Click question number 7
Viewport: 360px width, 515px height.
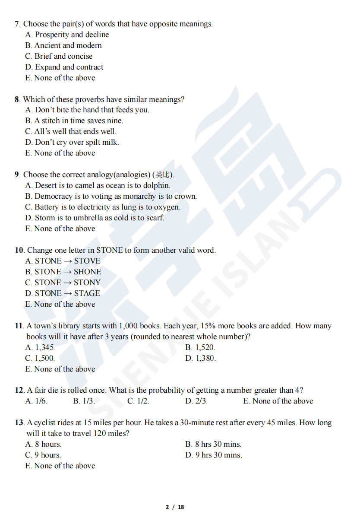(17, 24)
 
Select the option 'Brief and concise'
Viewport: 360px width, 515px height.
(63, 56)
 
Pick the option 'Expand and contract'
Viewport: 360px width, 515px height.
(69, 67)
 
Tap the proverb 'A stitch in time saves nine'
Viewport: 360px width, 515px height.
(78, 121)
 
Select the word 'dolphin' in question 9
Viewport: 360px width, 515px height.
(157, 186)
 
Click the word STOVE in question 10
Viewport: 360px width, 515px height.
(87, 261)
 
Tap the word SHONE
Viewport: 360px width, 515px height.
(88, 272)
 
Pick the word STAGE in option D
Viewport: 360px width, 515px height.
(87, 293)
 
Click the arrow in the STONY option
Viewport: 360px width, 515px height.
(68, 283)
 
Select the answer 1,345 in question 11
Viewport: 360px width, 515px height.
(45, 347)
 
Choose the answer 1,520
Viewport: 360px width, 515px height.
(205, 347)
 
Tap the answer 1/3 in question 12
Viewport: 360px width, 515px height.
(88, 401)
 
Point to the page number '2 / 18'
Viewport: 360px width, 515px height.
(175, 507)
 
